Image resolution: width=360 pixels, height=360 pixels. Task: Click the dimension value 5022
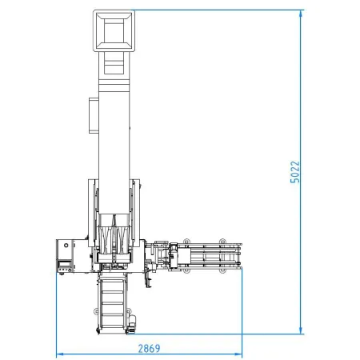tap(294, 172)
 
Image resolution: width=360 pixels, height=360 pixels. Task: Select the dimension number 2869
tap(149, 348)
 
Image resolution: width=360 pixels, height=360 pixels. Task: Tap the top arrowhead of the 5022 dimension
tap(301, 14)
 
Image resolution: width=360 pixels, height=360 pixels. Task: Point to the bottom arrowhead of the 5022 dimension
tap(301, 330)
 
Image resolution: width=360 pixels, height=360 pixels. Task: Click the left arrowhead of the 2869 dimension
tap(60, 354)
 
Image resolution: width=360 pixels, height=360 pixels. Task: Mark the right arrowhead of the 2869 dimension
tap(238, 354)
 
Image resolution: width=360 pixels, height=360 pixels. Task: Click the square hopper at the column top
tap(114, 30)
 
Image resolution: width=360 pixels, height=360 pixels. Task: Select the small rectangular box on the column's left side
tap(94, 115)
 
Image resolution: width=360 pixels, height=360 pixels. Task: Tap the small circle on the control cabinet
tap(66, 245)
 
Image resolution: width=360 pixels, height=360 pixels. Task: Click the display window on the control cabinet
tap(65, 264)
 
